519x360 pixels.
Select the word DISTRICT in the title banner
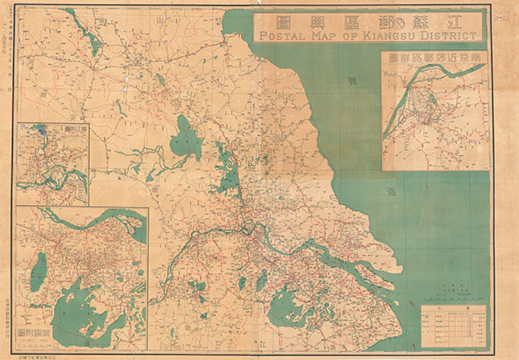coord(447,36)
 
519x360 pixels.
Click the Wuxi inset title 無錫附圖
coord(35,334)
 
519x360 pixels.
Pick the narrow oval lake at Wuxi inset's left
coord(39,272)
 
